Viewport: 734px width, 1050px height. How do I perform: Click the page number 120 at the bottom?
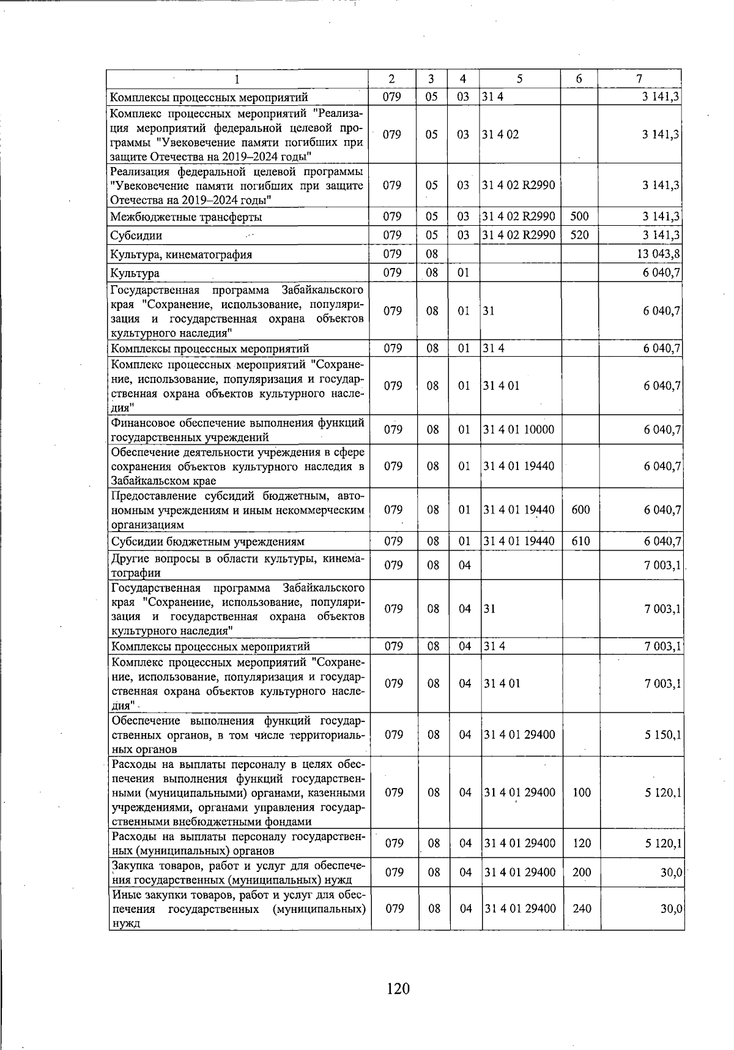tap(398, 988)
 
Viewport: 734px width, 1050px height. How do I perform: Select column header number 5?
tap(519, 79)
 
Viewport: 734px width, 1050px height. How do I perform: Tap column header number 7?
tap(639, 79)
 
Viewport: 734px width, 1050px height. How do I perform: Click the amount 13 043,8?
tap(659, 255)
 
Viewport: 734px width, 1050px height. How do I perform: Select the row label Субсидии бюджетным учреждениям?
tap(207, 542)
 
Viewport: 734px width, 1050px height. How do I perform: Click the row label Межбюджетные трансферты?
tap(187, 217)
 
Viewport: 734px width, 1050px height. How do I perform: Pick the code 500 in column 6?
tap(579, 217)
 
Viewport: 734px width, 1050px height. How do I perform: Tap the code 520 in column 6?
tap(579, 236)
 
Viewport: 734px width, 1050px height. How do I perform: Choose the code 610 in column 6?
tap(580, 542)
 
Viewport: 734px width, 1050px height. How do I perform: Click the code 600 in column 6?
tap(580, 510)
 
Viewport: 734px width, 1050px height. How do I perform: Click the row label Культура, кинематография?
tap(181, 255)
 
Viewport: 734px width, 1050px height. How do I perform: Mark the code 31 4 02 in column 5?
tap(501, 135)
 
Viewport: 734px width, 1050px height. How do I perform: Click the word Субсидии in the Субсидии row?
tap(136, 236)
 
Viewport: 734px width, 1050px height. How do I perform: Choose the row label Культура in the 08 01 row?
tap(135, 274)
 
